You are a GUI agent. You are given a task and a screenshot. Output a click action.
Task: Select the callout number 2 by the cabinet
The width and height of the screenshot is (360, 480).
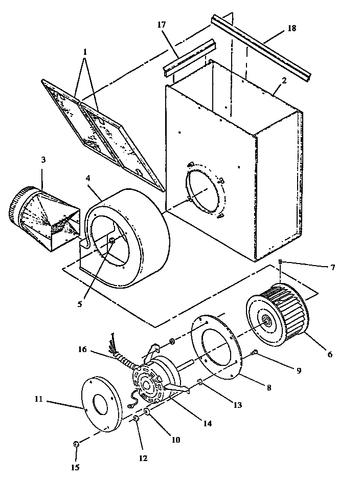(284, 80)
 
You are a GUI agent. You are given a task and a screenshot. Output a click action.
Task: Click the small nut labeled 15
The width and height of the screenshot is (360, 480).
(76, 444)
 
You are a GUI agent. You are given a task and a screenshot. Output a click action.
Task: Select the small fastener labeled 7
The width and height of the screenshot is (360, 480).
(280, 262)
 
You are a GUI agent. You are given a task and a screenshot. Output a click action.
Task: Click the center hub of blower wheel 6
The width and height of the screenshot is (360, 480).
(267, 321)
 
